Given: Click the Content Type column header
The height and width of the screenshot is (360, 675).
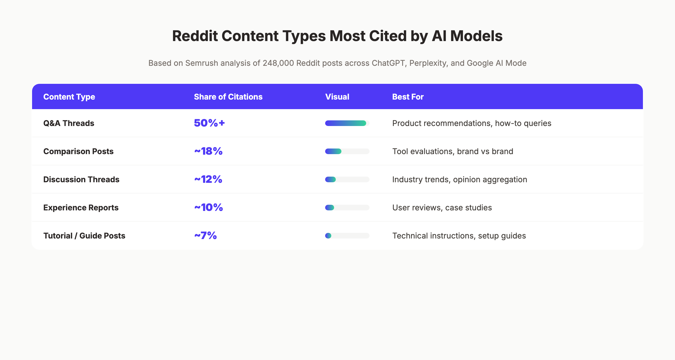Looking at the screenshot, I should [69, 97].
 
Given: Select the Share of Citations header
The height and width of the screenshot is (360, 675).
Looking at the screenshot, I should [228, 97].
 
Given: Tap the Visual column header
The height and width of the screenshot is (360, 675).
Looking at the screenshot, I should [337, 97].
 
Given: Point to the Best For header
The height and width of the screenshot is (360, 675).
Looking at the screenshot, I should [408, 97].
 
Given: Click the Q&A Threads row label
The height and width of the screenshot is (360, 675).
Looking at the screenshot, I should [69, 123].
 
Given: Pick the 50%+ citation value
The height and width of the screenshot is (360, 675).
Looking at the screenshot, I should [209, 123].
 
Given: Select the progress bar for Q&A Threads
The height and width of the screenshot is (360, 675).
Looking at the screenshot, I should [346, 123].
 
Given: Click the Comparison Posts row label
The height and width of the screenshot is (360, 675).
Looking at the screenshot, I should [78, 151].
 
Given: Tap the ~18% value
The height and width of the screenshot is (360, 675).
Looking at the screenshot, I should [208, 151].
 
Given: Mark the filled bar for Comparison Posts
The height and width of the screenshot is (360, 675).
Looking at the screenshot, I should [333, 151].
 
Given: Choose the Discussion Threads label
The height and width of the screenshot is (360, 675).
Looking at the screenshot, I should [81, 179].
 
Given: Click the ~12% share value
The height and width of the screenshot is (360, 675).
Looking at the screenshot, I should [208, 179].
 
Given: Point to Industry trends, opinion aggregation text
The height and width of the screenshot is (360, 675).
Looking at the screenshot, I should [460, 179].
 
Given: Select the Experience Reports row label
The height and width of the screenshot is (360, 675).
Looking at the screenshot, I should [81, 208].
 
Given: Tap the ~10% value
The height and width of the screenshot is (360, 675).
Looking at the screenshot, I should [208, 207].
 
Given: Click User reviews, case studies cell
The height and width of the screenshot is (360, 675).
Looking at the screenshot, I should [442, 208].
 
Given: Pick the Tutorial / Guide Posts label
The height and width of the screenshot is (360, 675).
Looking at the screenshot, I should [84, 236].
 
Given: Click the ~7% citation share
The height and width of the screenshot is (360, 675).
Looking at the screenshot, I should [205, 235].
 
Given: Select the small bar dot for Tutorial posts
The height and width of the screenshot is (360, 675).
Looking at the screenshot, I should [328, 236].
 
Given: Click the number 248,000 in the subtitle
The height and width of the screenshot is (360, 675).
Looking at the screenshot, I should [278, 63].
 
